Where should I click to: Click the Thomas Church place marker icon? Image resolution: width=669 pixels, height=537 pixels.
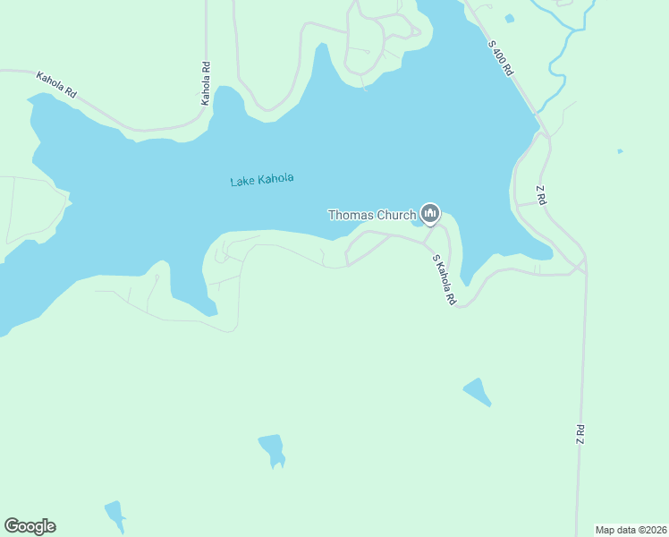[x=430, y=213]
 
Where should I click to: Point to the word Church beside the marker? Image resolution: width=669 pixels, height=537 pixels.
[x=396, y=215]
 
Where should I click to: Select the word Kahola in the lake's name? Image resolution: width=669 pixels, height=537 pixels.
[x=275, y=180]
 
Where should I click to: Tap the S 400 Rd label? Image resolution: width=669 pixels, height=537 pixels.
[x=501, y=56]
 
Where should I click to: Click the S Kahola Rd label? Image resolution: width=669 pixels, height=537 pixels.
[x=444, y=281]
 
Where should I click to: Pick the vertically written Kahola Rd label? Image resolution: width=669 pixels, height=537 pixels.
[x=206, y=83]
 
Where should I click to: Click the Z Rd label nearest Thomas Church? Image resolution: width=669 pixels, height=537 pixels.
[x=540, y=195]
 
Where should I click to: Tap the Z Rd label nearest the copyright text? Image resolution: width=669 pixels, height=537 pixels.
[x=580, y=435]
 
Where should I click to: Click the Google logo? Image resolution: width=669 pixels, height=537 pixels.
[x=30, y=526]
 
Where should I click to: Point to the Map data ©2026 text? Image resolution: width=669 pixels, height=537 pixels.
[x=631, y=530]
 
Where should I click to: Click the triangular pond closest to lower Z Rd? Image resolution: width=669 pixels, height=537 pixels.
[x=477, y=391]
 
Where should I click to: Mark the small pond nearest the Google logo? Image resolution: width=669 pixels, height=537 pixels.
[x=114, y=515]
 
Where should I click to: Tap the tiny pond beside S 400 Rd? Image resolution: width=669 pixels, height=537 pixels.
[x=509, y=18]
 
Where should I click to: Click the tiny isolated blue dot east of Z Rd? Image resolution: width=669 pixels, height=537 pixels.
[x=620, y=151]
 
